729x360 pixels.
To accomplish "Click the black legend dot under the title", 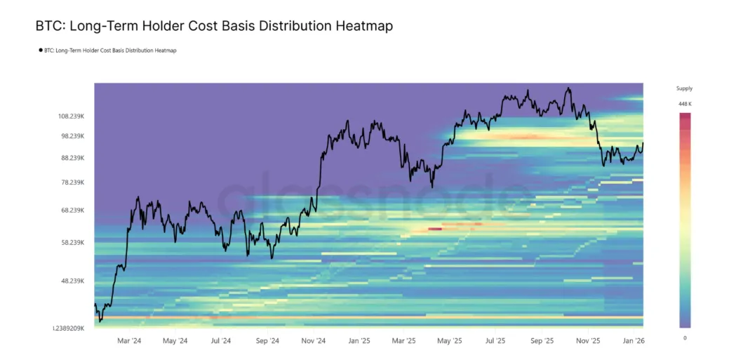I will pyautogui.click(x=40, y=51).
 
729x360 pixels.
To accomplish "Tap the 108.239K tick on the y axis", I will pyautogui.click(x=72, y=116).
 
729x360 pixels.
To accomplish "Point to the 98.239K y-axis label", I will pyautogui.click(x=72, y=136).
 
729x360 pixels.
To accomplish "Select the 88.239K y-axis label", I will pyautogui.click(x=72, y=158).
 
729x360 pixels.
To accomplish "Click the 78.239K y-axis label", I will pyautogui.click(x=72, y=182).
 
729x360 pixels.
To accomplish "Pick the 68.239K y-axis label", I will pyautogui.click(x=72, y=211).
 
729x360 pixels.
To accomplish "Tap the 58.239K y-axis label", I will pyautogui.click(x=72, y=243).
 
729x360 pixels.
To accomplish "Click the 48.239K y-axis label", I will pyautogui.click(x=72, y=281).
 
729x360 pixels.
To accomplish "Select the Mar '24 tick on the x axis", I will pyautogui.click(x=128, y=341).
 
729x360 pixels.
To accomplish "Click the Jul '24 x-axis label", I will pyautogui.click(x=220, y=341).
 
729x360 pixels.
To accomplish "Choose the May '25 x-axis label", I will pyautogui.click(x=449, y=341).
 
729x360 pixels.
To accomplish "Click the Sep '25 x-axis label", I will pyautogui.click(x=542, y=341).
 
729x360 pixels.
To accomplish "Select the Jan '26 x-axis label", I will pyautogui.click(x=634, y=341).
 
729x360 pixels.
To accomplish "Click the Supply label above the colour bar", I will pyautogui.click(x=684, y=89).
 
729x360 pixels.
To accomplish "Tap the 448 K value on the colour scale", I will pyautogui.click(x=685, y=104).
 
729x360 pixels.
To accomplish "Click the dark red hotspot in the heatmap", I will pyautogui.click(x=435, y=228).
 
